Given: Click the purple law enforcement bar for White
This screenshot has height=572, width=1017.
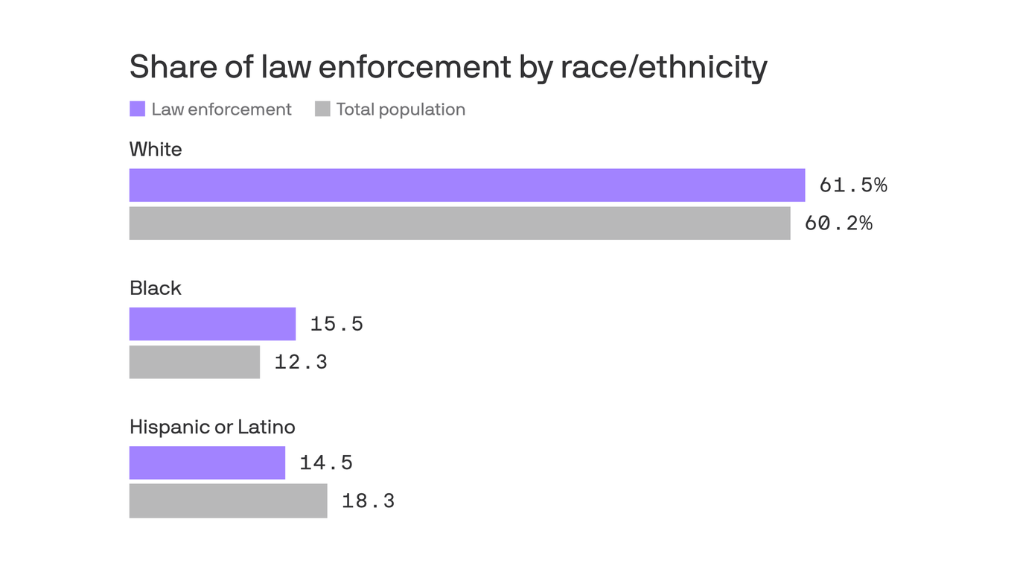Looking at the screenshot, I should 467,185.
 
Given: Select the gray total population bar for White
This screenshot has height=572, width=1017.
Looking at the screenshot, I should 459,223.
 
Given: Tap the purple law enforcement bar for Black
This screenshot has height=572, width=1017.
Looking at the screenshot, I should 212,324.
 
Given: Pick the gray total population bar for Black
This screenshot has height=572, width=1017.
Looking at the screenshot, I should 194,362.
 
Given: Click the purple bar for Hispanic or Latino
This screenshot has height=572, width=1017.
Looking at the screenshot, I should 207,463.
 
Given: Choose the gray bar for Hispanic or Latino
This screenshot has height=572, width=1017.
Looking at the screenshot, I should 228,500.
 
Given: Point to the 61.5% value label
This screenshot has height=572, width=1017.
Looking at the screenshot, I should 852,185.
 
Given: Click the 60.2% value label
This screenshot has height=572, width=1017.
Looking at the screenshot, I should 838,223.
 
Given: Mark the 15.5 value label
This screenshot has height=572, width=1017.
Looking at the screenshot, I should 337,324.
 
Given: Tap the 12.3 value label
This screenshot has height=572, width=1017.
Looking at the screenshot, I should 301,362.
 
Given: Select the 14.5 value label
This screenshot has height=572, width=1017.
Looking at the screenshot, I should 326,463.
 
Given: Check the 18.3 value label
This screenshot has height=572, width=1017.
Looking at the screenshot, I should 368,500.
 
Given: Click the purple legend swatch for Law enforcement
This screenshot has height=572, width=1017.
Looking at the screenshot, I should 137,109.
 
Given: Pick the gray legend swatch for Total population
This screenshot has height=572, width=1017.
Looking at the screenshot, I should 322,109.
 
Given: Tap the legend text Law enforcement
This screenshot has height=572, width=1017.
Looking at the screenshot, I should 221,109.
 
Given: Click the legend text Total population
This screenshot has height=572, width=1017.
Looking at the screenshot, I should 401,109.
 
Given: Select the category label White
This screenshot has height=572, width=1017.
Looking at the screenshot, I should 156,150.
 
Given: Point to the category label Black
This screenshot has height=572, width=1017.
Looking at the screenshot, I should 155,288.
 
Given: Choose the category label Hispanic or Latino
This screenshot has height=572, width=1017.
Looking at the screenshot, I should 212,427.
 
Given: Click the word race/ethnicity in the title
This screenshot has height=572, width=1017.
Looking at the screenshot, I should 663,68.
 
